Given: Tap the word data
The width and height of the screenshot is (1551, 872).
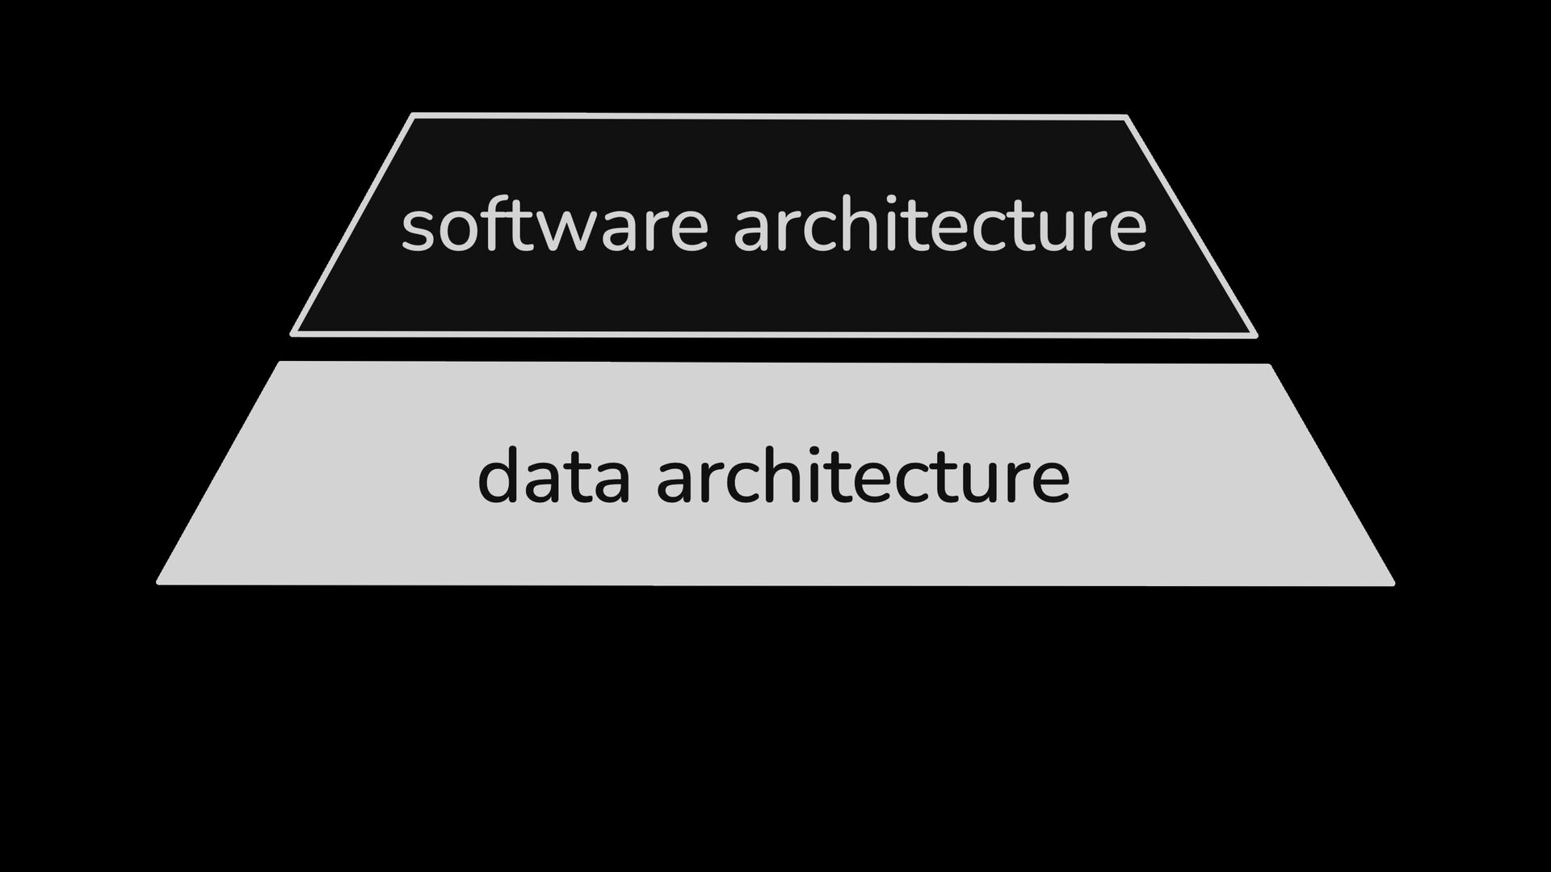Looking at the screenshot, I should tap(553, 477).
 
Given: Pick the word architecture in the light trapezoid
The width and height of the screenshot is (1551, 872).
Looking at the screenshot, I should tap(863, 477).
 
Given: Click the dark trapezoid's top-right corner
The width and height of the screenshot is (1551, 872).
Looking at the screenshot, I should tap(1125, 119).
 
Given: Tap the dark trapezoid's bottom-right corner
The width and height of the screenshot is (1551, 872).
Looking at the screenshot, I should tap(1255, 334).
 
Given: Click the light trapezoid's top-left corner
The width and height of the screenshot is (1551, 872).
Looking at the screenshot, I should tap(280, 364).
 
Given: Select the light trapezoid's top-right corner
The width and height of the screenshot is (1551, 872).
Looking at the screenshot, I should tap(1269, 367).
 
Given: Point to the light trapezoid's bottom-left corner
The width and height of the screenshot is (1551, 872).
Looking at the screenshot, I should tap(159, 581).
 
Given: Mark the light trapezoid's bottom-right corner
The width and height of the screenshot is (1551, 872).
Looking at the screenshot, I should tap(1392, 582).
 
